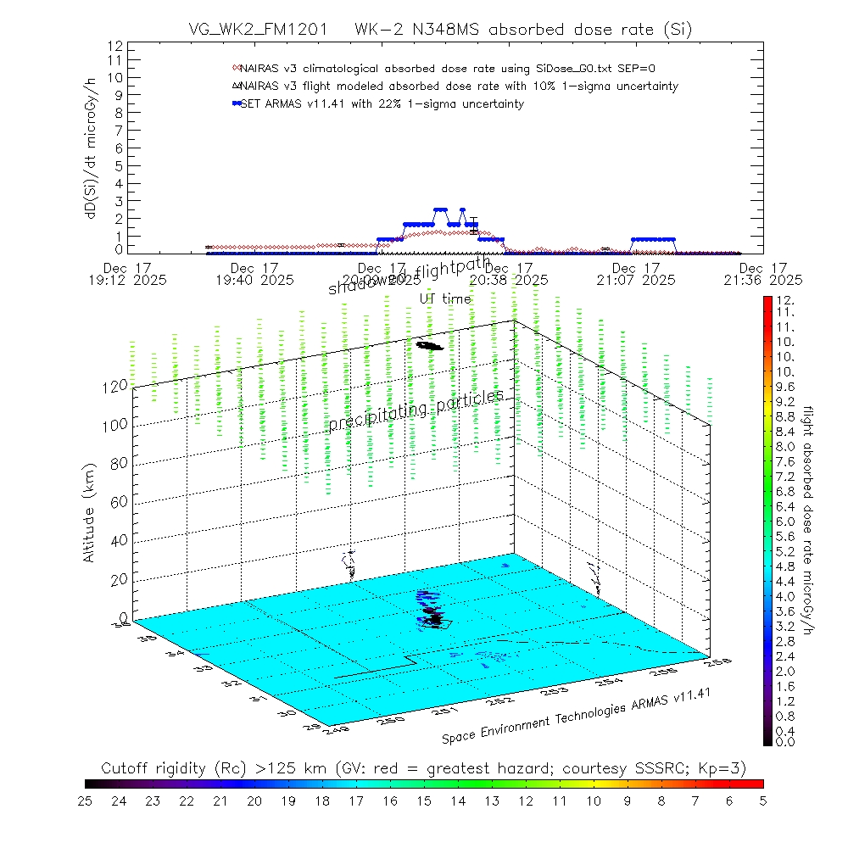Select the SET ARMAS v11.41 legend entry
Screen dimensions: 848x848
(382, 103)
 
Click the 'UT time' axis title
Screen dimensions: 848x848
(445, 298)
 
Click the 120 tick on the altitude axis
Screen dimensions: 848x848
(116, 385)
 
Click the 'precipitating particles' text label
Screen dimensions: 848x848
(416, 409)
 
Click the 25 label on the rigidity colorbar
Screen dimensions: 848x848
(86, 800)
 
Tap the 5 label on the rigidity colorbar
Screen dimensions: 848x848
(762, 800)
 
